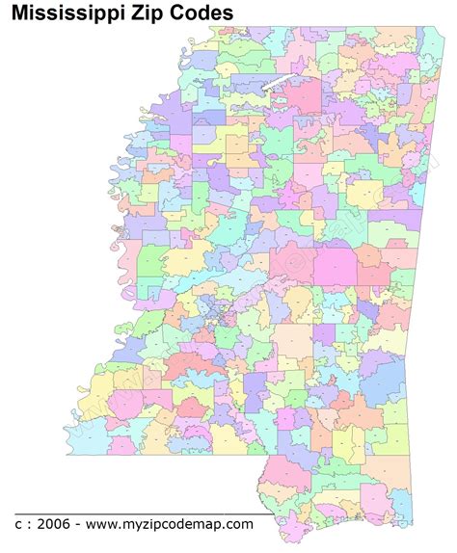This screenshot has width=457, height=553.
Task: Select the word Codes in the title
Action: pos(205,13)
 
